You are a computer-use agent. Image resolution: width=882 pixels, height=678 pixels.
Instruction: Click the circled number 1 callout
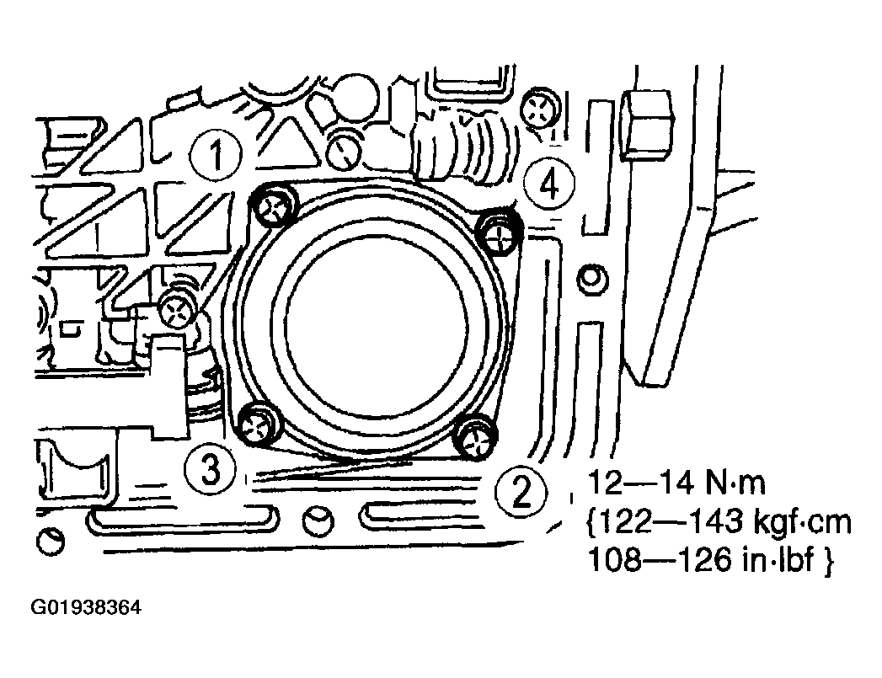tap(216, 155)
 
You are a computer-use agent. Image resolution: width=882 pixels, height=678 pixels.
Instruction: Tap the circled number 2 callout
tap(521, 491)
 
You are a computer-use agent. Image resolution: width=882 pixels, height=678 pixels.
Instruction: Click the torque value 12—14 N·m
tap(676, 483)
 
